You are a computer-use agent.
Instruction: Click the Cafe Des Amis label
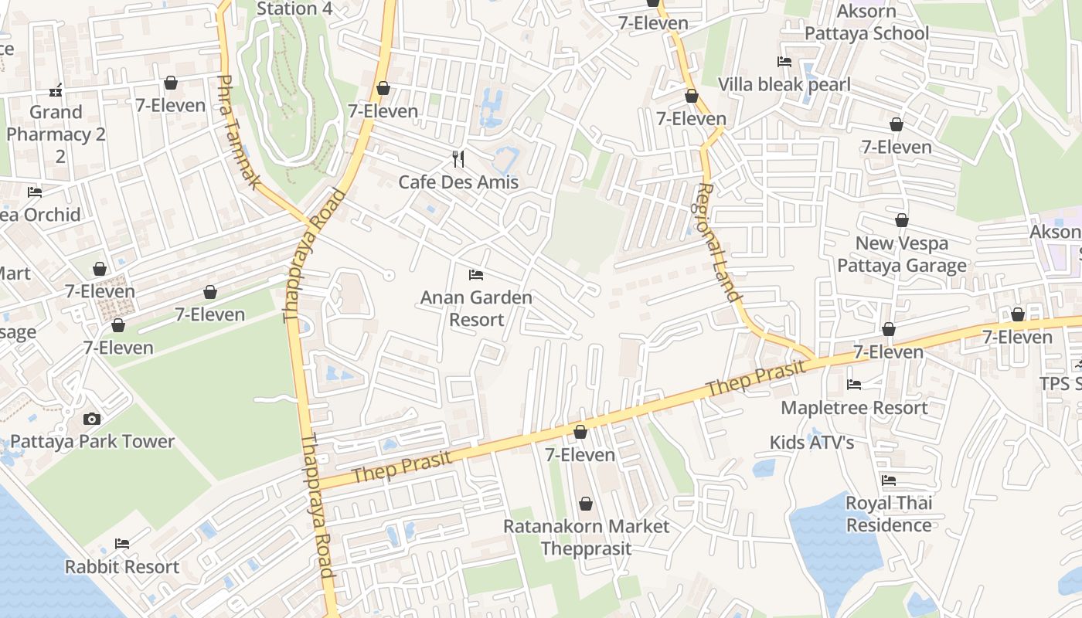(458, 182)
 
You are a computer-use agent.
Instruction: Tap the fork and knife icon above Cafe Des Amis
(459, 159)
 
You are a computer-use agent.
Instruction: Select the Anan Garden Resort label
(476, 308)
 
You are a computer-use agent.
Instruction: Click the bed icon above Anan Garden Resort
(476, 275)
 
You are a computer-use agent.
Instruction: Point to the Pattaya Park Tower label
(92, 442)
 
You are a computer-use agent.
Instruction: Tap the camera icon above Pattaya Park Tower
(92, 419)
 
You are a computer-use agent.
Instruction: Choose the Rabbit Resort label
(121, 567)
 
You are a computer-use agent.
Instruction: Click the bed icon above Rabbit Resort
(121, 544)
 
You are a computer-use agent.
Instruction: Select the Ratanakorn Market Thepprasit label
(586, 537)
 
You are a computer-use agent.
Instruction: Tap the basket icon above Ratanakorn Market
(586, 504)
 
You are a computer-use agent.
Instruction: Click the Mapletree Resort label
(854, 408)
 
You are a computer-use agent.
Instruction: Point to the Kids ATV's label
(811, 443)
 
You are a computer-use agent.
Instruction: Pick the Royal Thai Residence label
(889, 514)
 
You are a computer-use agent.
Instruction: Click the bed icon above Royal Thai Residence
(889, 480)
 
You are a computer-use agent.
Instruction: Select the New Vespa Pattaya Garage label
(902, 254)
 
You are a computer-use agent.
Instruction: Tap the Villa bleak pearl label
(784, 85)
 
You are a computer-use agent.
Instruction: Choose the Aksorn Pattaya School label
(866, 22)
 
